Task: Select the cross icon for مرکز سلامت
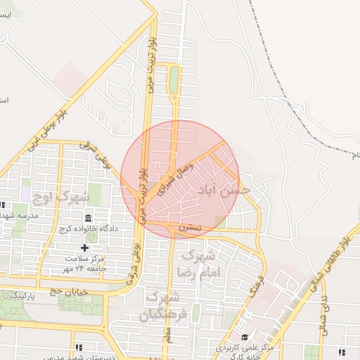tap(85, 247)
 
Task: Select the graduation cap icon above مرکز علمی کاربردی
tap(245, 337)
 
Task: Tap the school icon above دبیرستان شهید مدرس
tap(79, 347)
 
